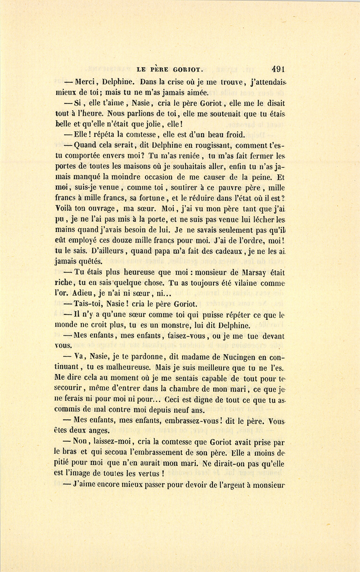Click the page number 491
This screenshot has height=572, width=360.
278,69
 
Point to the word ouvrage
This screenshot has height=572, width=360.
100,209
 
